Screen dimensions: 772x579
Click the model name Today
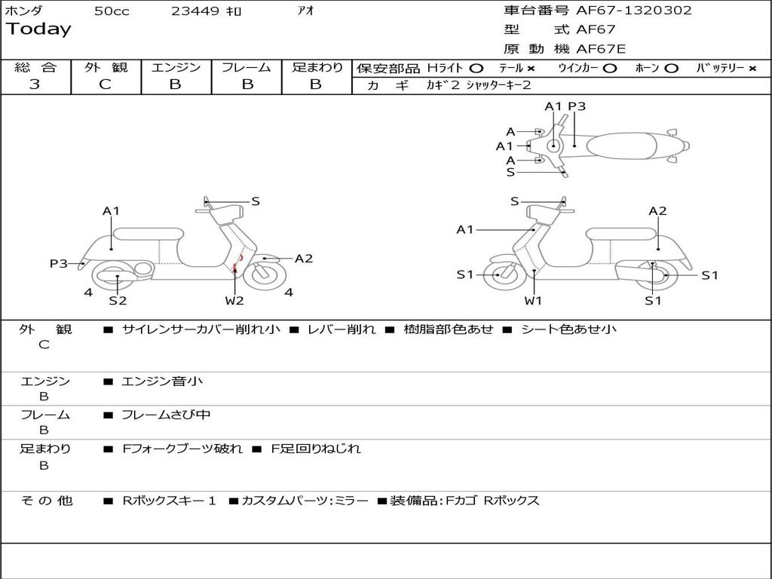[38, 29]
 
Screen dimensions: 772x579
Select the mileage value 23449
[195, 11]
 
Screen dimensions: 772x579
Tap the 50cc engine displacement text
[112, 11]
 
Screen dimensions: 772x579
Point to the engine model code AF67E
[601, 50]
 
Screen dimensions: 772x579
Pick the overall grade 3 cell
[35, 84]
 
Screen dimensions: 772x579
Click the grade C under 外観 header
[106, 84]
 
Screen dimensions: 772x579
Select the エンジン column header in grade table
[176, 67]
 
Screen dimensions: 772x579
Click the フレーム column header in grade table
[247, 67]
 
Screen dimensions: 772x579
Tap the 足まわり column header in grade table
[317, 67]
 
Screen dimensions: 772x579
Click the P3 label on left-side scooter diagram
[58, 263]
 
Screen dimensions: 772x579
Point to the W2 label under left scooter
[234, 301]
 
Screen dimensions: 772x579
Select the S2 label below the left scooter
[118, 301]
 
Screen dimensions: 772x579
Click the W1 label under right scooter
[533, 301]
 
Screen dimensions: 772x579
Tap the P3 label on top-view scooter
[577, 106]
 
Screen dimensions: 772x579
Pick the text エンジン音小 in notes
[162, 381]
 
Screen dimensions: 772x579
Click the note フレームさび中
[166, 415]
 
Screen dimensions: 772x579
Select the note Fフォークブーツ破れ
[182, 449]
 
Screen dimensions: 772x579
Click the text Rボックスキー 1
[170, 501]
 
